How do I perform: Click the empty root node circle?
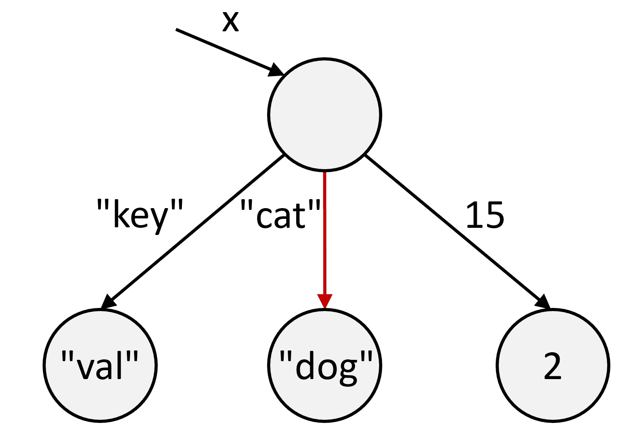pyautogui.click(x=324, y=114)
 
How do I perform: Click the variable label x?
pyautogui.click(x=230, y=21)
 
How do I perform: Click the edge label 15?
pyautogui.click(x=485, y=215)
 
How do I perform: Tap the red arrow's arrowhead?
pyautogui.click(x=324, y=301)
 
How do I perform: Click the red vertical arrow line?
pyautogui.click(x=324, y=233)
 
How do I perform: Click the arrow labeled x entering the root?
pyautogui.click(x=224, y=50)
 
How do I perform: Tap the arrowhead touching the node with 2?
pyautogui.click(x=543, y=301)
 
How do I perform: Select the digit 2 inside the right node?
pyautogui.click(x=553, y=367)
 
